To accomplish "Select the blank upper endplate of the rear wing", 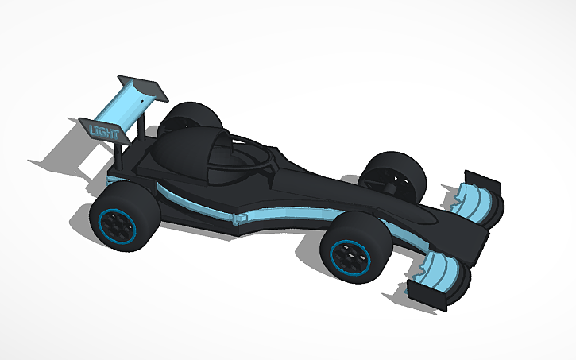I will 143,89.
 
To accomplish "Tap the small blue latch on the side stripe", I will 239,217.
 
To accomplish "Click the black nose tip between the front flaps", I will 477,242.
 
